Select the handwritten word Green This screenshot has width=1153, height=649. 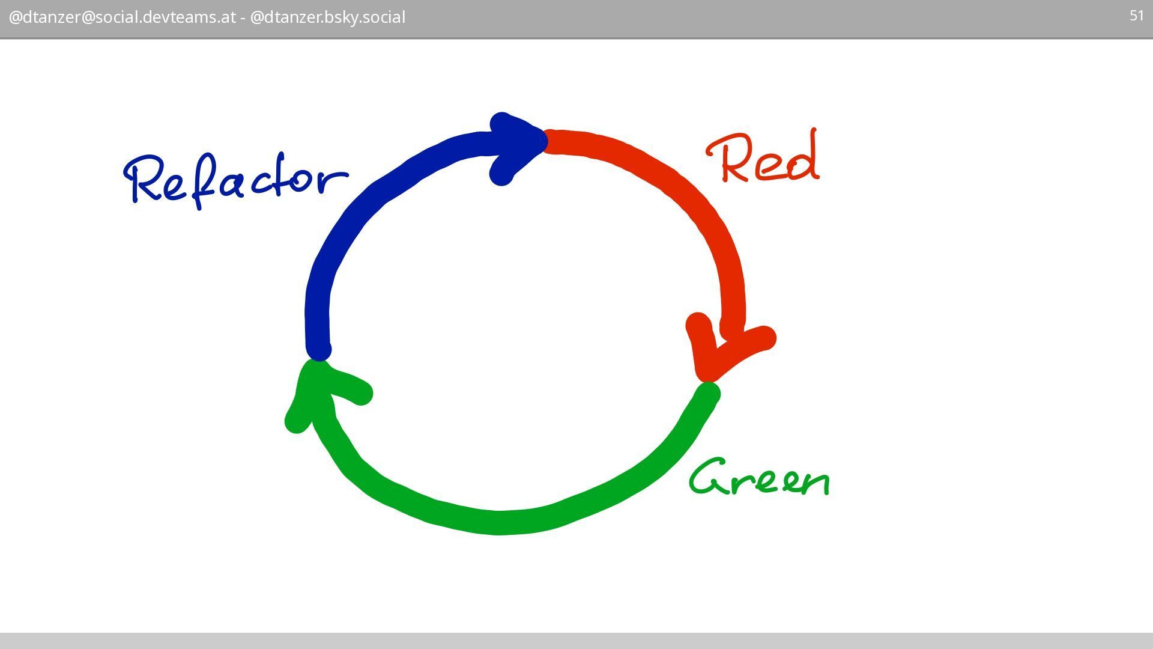coord(760,478)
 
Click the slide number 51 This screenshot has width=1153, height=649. coord(1136,16)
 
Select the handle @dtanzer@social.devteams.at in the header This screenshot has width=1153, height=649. coord(122,17)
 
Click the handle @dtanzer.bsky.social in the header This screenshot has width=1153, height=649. coord(328,17)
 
